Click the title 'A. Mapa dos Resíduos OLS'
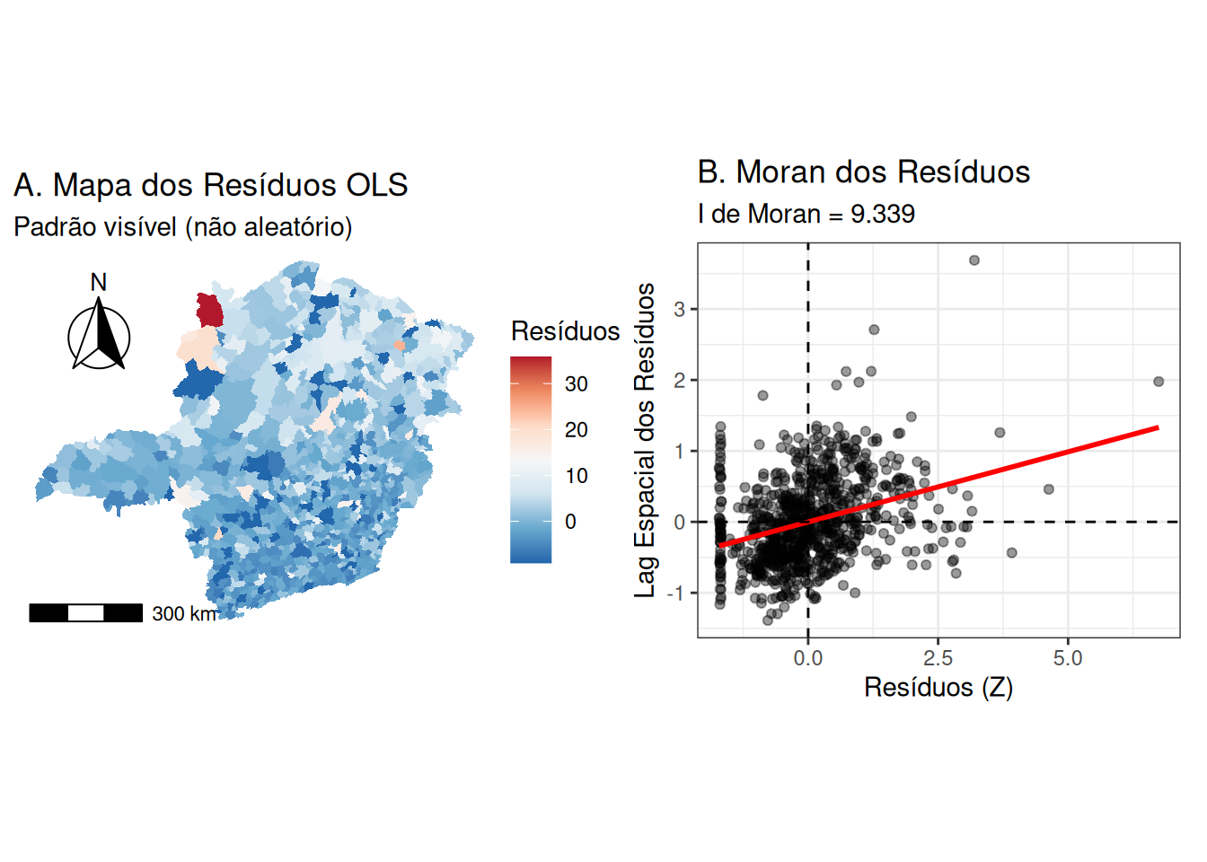(x=210, y=185)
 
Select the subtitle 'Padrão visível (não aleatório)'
(x=182, y=227)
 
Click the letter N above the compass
(x=99, y=283)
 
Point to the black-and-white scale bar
(x=85, y=613)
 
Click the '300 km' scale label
(x=184, y=614)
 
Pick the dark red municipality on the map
(x=209, y=310)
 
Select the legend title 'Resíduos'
(x=565, y=331)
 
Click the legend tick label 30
(x=577, y=384)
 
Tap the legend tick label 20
(x=577, y=430)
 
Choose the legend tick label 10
(x=577, y=476)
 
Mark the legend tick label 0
(x=570, y=522)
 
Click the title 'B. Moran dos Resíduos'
(x=863, y=172)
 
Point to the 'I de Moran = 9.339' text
(x=806, y=214)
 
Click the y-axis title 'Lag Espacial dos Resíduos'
(x=645, y=440)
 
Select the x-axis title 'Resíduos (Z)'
(x=938, y=688)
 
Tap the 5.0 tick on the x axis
(x=1068, y=658)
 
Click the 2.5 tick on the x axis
(x=938, y=658)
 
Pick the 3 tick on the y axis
(x=680, y=309)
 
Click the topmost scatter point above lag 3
(x=974, y=260)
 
